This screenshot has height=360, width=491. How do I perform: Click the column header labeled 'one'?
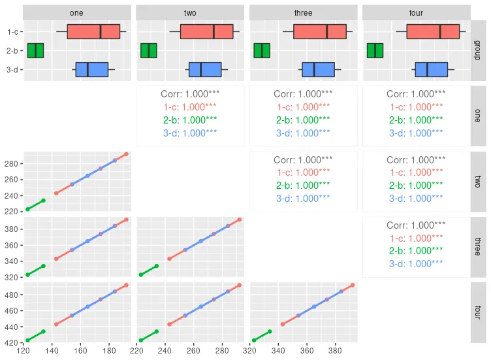tap(76, 12)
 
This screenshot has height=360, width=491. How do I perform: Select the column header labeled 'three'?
tap(303, 12)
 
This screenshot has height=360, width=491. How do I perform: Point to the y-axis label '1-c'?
tap(12, 31)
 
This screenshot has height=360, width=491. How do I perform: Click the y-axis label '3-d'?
tap(12, 69)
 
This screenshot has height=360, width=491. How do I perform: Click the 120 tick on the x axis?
tap(24, 352)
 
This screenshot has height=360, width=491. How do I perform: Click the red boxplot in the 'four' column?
tap(431, 31)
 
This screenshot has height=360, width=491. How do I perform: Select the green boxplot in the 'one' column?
tap(35, 50)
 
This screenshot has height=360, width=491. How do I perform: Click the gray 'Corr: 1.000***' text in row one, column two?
tap(190, 94)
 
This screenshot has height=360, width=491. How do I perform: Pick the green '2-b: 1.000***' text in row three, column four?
tap(416, 251)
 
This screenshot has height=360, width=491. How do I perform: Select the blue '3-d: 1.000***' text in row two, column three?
tap(303, 198)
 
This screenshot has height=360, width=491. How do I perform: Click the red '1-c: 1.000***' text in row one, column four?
tap(416, 106)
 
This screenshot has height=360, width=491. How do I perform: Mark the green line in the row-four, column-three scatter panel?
tap(262, 336)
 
